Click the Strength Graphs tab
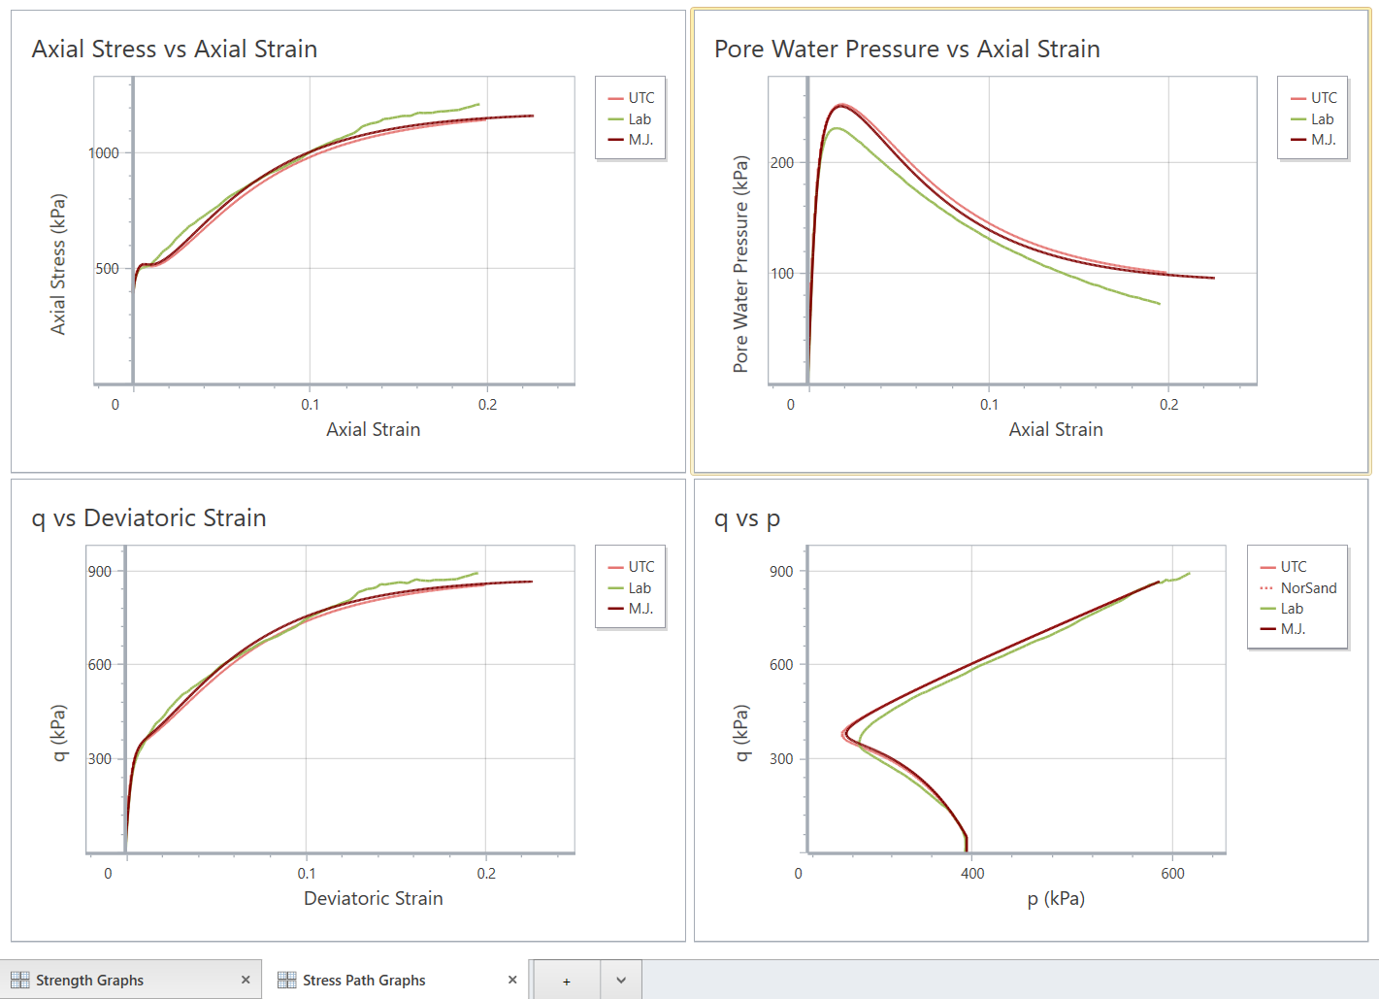click(x=89, y=981)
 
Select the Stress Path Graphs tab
click(x=364, y=981)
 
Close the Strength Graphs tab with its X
click(x=246, y=981)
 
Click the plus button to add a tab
click(x=567, y=981)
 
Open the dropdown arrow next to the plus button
click(x=621, y=981)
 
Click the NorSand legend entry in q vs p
click(x=1307, y=588)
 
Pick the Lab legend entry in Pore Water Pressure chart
click(x=1322, y=119)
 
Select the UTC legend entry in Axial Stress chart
click(x=640, y=98)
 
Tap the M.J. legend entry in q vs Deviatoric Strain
click(x=640, y=609)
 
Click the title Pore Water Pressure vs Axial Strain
click(x=906, y=50)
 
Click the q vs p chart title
click(x=746, y=518)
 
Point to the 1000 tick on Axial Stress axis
click(x=104, y=153)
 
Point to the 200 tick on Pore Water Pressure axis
click(x=782, y=163)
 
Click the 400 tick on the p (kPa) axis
click(x=972, y=874)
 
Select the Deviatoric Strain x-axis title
click(x=373, y=899)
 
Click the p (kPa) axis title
click(x=1056, y=899)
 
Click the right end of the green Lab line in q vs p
click(x=1189, y=573)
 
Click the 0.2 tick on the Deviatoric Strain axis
click(x=486, y=874)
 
